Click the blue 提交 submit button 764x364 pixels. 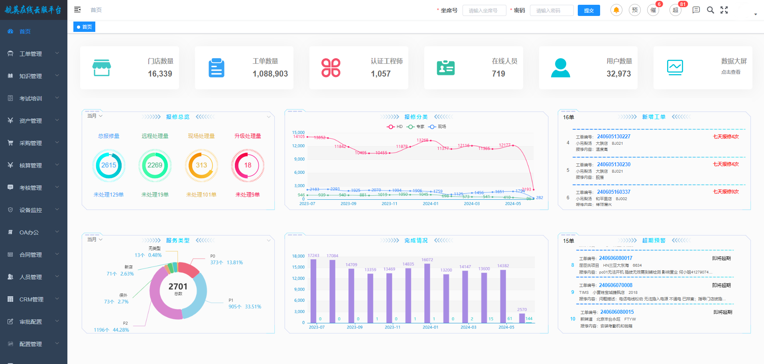[589, 10]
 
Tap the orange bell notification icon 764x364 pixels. [616, 10]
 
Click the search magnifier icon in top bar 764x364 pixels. [710, 10]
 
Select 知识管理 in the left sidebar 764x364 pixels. [31, 76]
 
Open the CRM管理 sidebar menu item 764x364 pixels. [32, 299]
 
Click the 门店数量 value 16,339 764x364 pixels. [160, 74]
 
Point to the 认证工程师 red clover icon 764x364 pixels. [331, 68]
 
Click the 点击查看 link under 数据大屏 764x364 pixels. [731, 72]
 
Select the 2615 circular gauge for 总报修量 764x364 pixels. [108, 165]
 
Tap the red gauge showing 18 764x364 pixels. [248, 165]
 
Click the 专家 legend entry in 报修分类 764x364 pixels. [416, 127]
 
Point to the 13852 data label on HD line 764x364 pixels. [319, 138]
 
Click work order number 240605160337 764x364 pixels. [614, 192]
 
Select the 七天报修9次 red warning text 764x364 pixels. [726, 192]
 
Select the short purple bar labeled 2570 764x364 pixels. [522, 318]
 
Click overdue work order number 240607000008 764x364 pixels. [615, 285]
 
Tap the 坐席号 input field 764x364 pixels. [484, 10]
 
